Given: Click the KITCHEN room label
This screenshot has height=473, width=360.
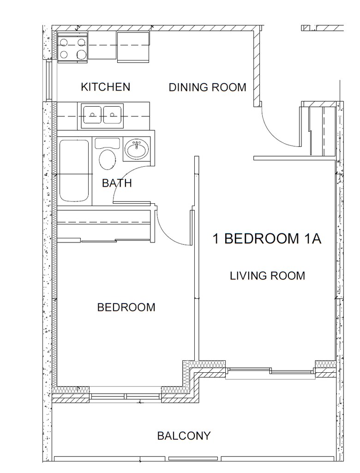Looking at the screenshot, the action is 106,87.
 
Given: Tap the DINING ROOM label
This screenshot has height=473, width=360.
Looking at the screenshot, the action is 207,87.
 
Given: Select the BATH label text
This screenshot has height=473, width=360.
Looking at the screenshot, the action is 117,183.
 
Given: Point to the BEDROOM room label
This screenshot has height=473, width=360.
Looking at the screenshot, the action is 126,307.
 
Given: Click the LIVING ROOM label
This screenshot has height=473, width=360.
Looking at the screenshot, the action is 267,276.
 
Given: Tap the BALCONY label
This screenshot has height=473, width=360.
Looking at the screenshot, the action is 184,436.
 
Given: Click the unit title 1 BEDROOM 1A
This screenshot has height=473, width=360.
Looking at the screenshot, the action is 267,239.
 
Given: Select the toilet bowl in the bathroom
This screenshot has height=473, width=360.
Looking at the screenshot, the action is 108,159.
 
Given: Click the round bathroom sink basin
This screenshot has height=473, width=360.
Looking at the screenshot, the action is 137,149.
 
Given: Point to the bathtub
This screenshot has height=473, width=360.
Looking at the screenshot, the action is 74,170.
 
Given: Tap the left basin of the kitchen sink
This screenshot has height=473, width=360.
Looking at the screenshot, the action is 93,115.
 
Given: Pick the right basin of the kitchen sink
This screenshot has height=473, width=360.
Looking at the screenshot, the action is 113,115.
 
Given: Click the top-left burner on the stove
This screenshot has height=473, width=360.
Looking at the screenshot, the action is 64,42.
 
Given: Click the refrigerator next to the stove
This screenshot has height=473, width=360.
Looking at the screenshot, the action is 133,47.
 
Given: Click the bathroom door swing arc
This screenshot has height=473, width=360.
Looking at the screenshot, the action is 126,178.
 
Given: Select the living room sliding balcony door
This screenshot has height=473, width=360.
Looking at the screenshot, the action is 270,371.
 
